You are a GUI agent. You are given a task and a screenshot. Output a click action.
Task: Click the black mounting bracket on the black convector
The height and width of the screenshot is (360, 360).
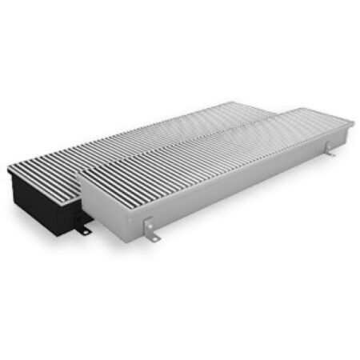coord(83,230)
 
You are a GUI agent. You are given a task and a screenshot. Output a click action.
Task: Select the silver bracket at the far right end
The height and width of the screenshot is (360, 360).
coord(330,149)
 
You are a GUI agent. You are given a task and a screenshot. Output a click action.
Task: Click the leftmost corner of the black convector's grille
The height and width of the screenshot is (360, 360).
coord(8,169)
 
